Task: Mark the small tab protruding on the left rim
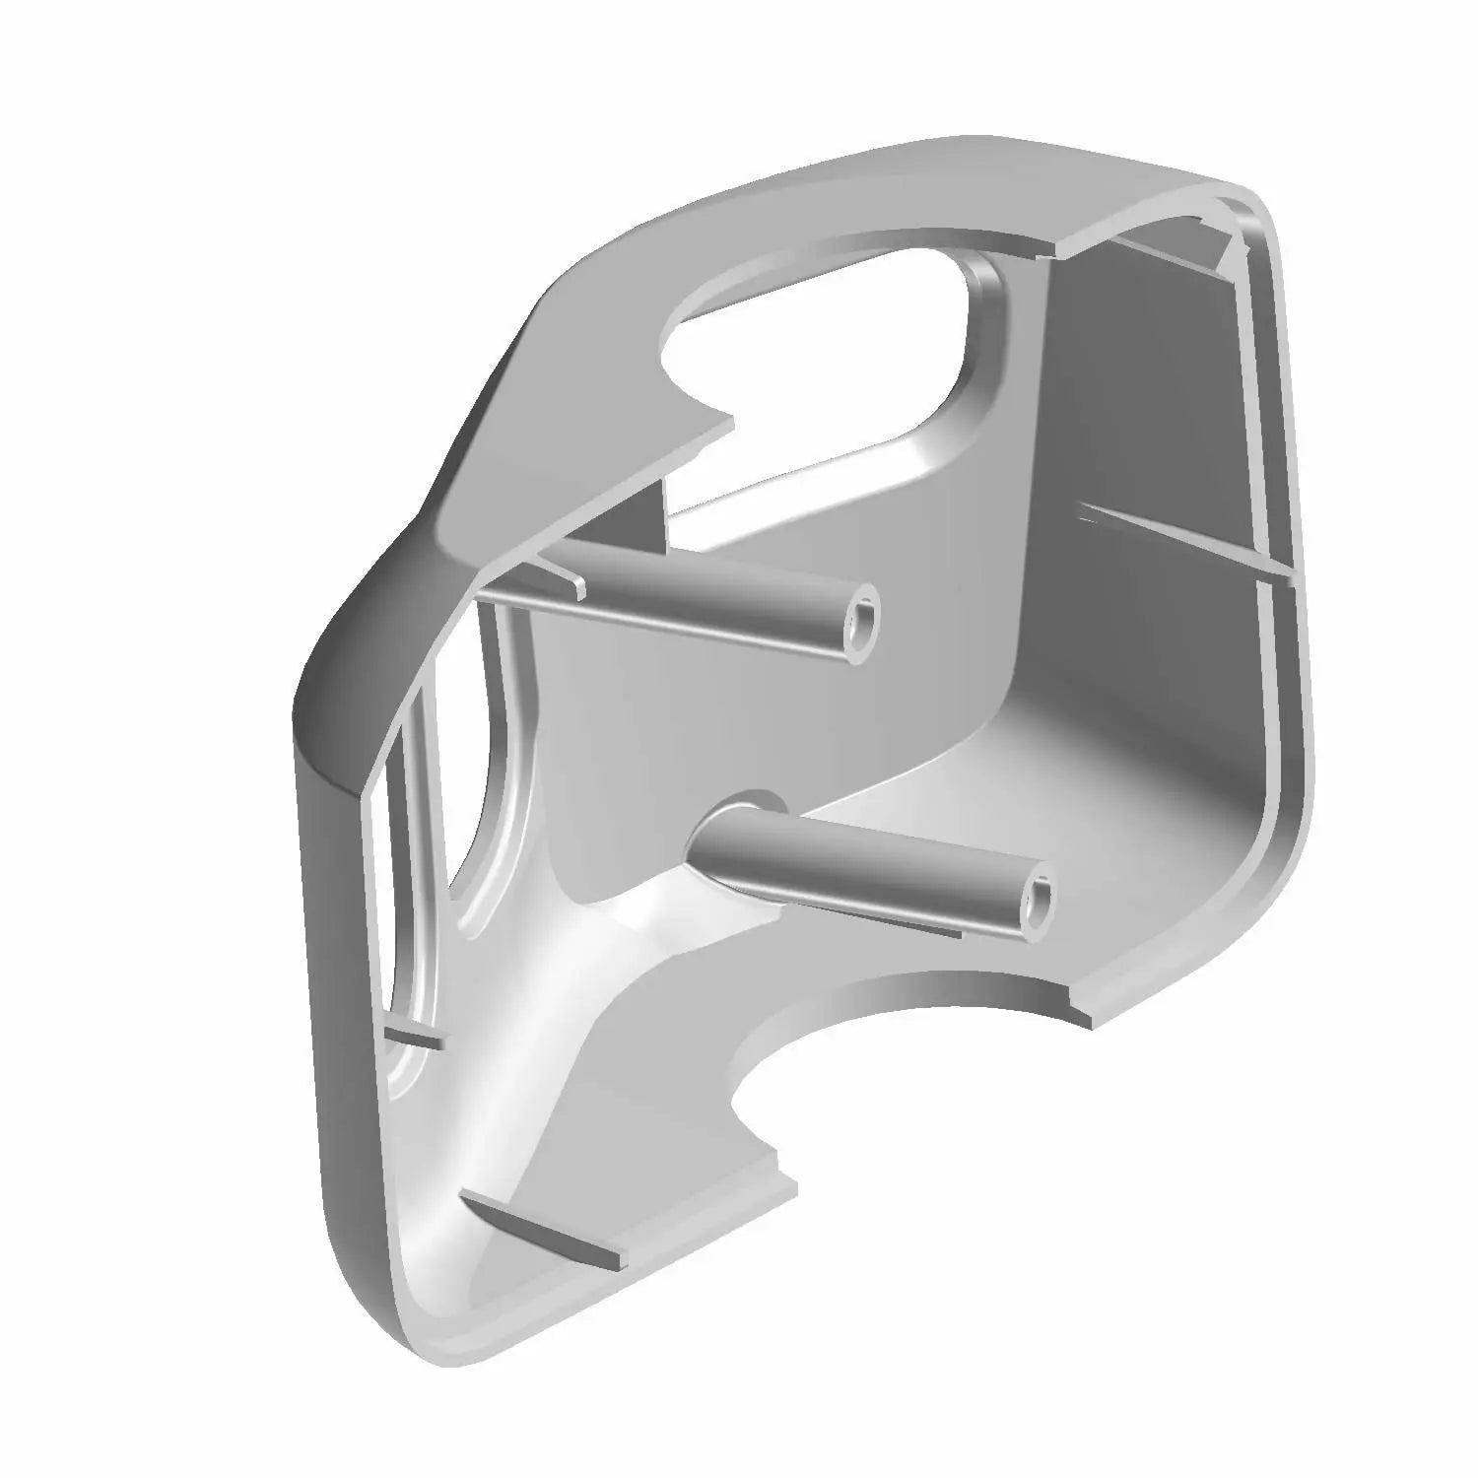pyautogui.click(x=415, y=1037)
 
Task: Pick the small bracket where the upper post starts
pyautogui.click(x=562, y=576)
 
